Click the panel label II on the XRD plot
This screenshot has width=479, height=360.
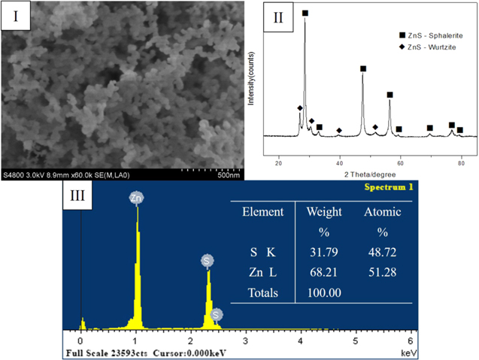click(277, 19)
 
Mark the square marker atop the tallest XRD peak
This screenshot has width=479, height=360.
click(305, 13)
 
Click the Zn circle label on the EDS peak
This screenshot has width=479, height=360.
click(136, 198)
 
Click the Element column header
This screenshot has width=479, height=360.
click(263, 212)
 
